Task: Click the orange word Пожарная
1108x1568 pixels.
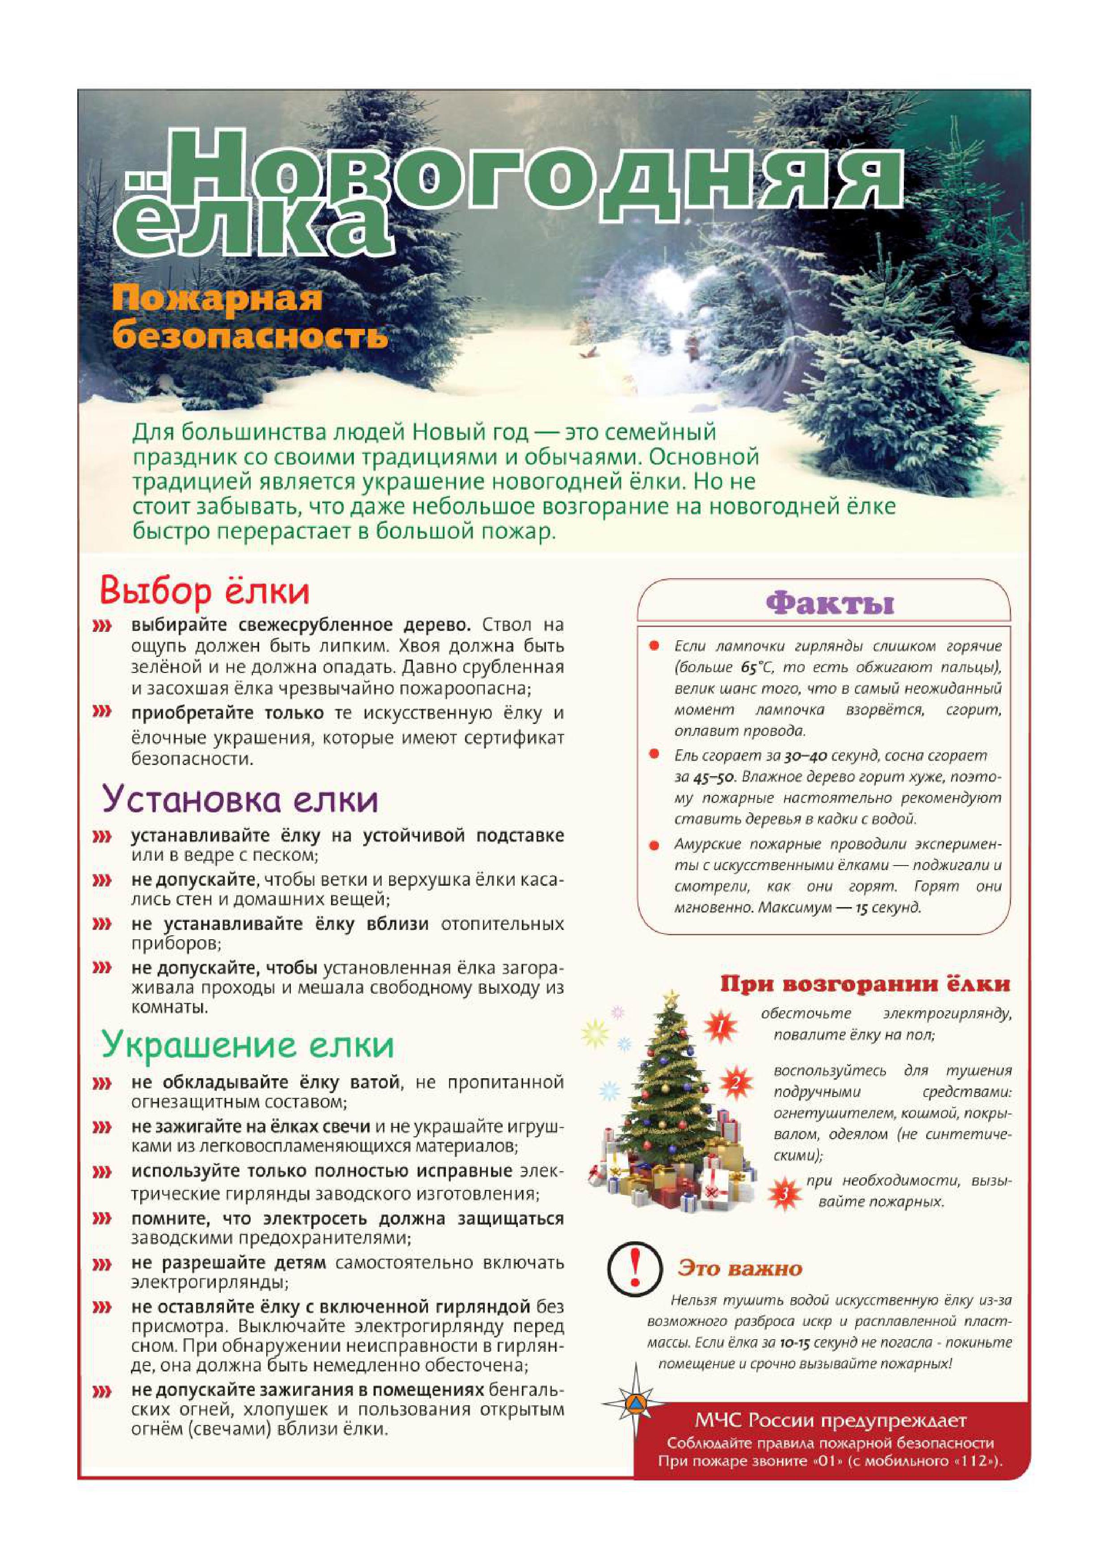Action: pos(217,299)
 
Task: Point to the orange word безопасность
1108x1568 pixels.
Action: pos(250,336)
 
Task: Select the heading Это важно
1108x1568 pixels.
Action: pos(740,1269)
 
